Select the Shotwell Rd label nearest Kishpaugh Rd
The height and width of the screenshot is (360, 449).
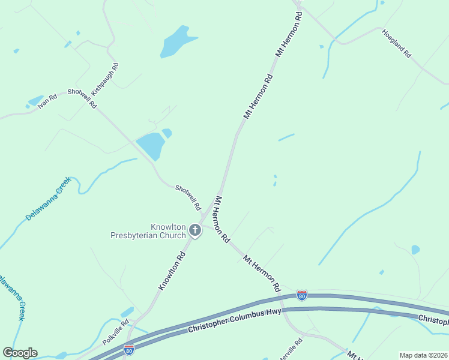[x=82, y=97]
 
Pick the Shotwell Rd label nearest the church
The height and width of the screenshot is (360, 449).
[x=188, y=197]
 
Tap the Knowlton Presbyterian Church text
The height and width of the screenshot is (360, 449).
[x=148, y=232]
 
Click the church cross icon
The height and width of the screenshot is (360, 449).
[x=194, y=229]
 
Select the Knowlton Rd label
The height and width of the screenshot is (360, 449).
[x=172, y=271]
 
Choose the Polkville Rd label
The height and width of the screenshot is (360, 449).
[x=115, y=332]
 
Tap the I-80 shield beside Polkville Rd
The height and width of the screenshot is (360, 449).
[x=129, y=349]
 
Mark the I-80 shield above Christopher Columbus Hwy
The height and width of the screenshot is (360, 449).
[x=302, y=295]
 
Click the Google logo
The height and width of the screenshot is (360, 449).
[x=20, y=353]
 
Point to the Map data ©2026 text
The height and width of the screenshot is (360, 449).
[x=423, y=355]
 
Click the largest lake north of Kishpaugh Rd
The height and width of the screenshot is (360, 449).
[x=176, y=43]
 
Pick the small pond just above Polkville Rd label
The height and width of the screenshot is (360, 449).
[x=127, y=312]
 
